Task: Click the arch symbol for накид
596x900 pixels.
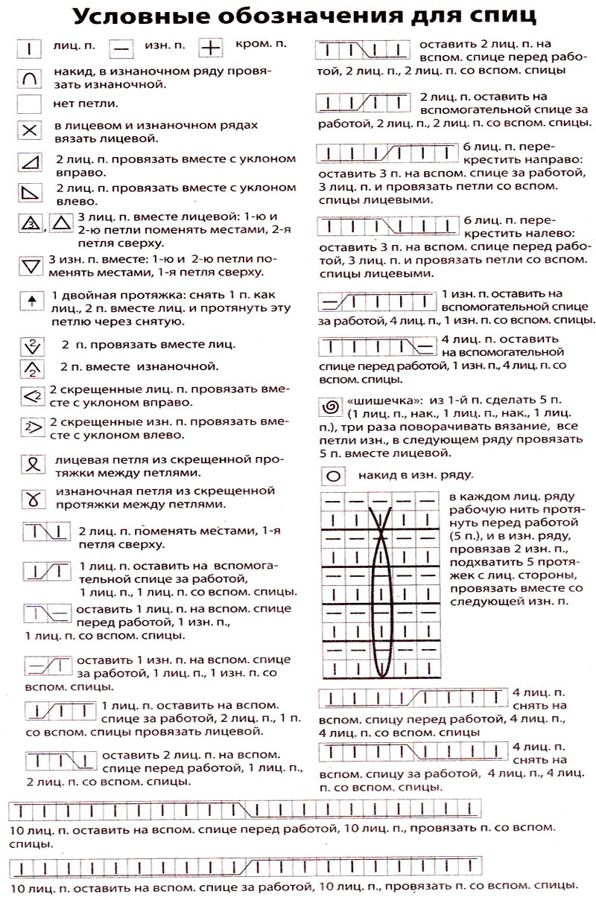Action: (30, 77)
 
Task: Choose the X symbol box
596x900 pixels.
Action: (30, 131)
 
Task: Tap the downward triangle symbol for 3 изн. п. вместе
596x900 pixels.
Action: (30, 266)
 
